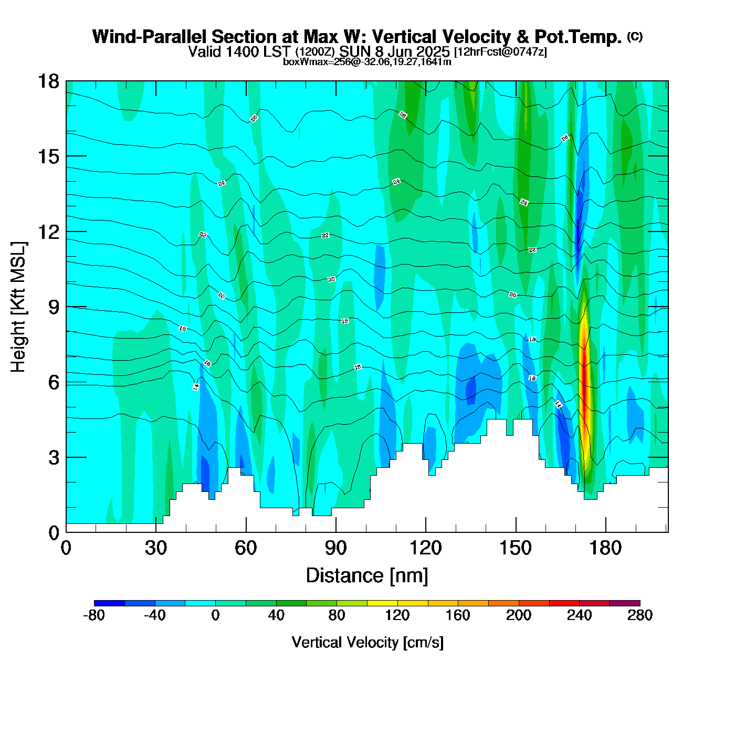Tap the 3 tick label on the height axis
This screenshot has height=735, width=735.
click(54, 458)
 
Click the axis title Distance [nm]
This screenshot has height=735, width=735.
click(367, 576)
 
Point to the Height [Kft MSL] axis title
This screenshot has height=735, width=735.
click(18, 307)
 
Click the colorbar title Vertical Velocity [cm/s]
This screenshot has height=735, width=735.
click(367, 642)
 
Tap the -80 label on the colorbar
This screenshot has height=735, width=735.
click(94, 615)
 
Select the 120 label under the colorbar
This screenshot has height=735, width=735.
click(397, 615)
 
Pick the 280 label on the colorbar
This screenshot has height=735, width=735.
click(640, 615)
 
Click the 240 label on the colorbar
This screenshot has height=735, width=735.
click(579, 615)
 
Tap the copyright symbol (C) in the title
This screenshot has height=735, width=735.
click(635, 36)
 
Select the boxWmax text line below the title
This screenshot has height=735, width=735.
click(367, 61)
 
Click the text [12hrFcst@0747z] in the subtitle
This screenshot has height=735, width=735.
click(500, 52)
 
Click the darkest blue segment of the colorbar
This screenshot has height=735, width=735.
click(109, 603)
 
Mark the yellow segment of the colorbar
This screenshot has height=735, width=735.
click(382, 603)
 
